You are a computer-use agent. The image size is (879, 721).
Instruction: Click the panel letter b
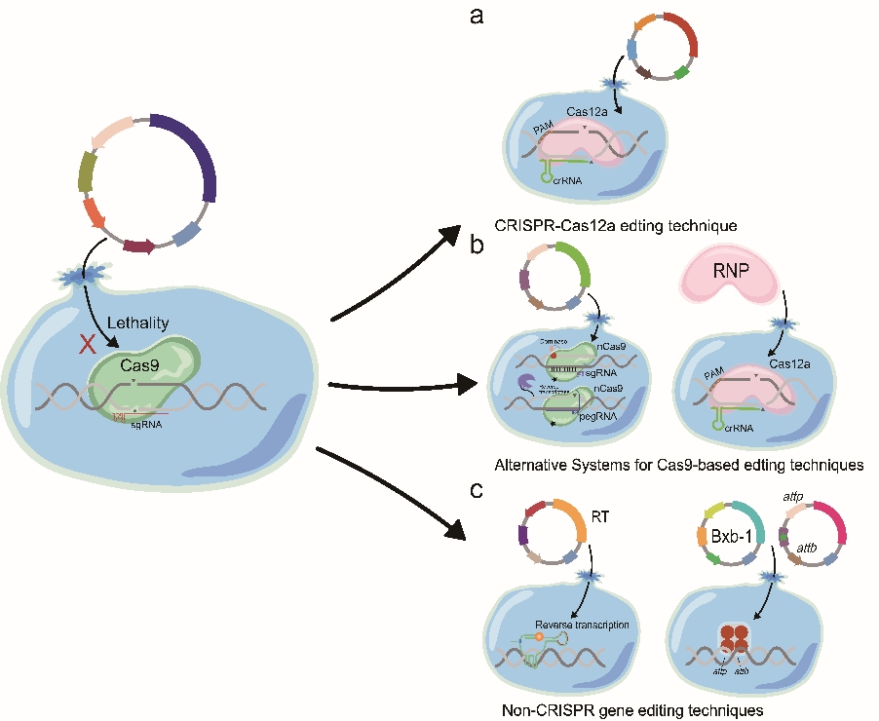tap(478, 246)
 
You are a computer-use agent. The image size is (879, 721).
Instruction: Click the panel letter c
tap(478, 488)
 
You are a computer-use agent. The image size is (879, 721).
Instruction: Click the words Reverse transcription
tap(581, 624)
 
